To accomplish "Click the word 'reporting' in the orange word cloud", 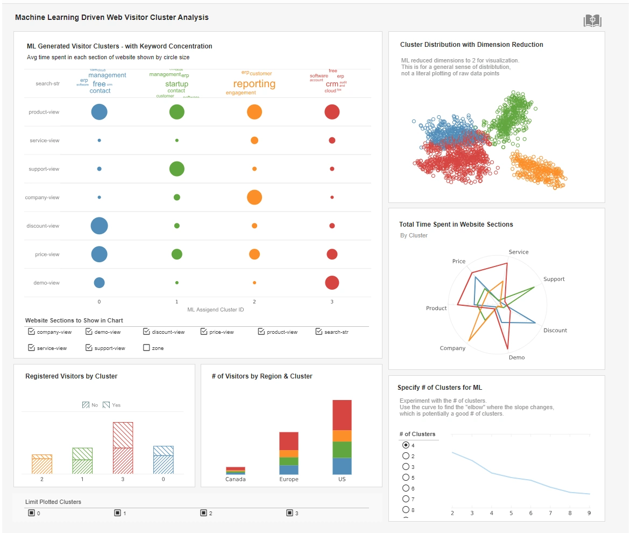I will (x=254, y=84).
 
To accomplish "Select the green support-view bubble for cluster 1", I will (x=176, y=169).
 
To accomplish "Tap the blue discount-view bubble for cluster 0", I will (x=99, y=226).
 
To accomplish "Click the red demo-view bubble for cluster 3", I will (x=332, y=283).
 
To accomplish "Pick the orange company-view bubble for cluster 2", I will (x=254, y=197).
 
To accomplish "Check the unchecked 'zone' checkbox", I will (x=146, y=348).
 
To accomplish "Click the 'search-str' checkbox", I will (x=319, y=332).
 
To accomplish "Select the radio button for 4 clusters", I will (x=406, y=445).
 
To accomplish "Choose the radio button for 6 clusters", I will (x=406, y=488).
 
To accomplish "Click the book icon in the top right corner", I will (x=592, y=21).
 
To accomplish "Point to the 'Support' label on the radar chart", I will (x=554, y=279).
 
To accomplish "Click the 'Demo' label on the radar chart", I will (x=516, y=357).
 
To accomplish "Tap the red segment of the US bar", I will (x=342, y=415).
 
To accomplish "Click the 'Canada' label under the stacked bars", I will (x=236, y=479).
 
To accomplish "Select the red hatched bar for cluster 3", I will (x=123, y=447).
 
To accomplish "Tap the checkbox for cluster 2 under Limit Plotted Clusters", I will (x=203, y=513).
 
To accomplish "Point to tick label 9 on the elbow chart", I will (x=589, y=513).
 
